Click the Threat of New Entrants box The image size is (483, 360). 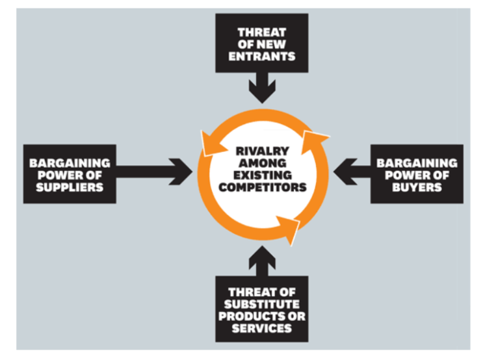point(262,44)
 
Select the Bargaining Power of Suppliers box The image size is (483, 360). point(70,174)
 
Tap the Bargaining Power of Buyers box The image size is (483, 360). point(417,174)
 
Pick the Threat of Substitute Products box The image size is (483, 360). point(262,311)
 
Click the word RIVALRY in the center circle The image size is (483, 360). point(262,151)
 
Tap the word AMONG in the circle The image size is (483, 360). point(262,163)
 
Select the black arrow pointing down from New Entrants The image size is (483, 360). point(262,88)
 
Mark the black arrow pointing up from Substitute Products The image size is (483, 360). point(262,260)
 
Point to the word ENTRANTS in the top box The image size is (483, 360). point(262,56)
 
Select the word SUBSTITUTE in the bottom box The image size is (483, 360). point(262,304)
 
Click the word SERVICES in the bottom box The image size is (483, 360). point(262,328)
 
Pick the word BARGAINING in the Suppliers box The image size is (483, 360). point(70,162)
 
